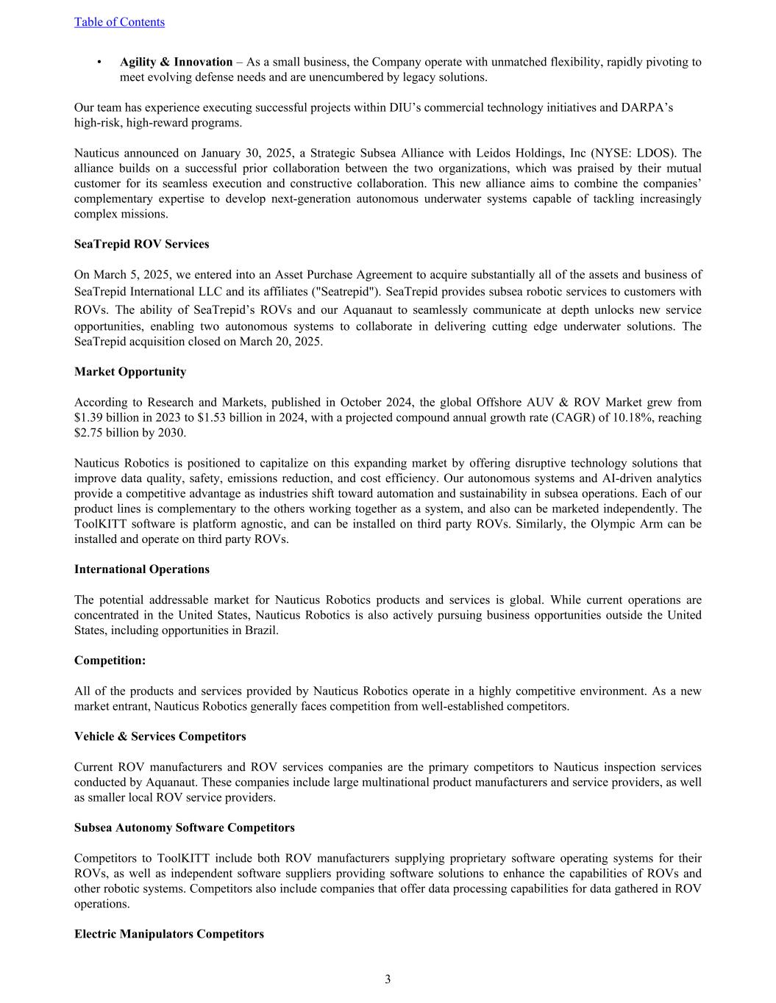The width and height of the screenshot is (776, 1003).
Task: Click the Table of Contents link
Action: pyautogui.click(x=119, y=22)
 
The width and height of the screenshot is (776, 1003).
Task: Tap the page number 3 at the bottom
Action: pyautogui.click(x=388, y=979)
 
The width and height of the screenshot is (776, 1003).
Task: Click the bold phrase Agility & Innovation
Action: pyautogui.click(x=176, y=62)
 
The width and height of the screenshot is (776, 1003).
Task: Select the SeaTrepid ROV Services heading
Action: pyautogui.click(x=141, y=244)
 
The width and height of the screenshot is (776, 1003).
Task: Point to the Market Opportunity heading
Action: pyautogui.click(x=130, y=372)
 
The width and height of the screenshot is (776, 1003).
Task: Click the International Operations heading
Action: pyautogui.click(x=141, y=569)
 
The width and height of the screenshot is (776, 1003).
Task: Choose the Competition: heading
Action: pyautogui.click(x=110, y=661)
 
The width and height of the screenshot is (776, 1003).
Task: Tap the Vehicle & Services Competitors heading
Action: pyautogui.click(x=160, y=736)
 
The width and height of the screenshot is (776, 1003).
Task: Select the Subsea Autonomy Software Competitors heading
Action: pyautogui.click(x=184, y=827)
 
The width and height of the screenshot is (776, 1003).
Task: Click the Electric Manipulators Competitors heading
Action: pyautogui.click(x=168, y=934)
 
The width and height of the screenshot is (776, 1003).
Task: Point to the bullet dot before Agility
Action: pyautogui.click(x=99, y=62)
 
